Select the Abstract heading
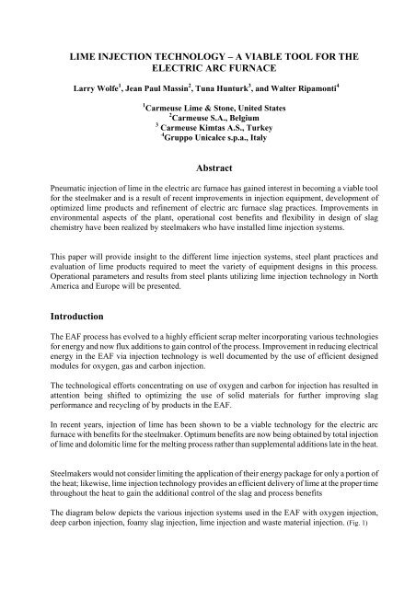click(207, 184)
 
